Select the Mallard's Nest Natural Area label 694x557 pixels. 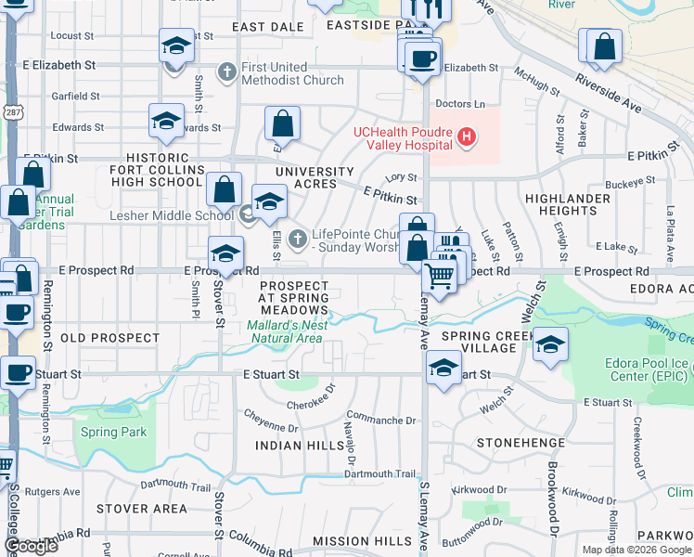287,331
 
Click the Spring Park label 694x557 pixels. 113,432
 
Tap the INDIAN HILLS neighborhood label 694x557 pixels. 291,446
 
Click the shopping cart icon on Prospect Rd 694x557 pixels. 439,275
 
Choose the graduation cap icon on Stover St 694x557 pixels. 225,253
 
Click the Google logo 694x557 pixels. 32,545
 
